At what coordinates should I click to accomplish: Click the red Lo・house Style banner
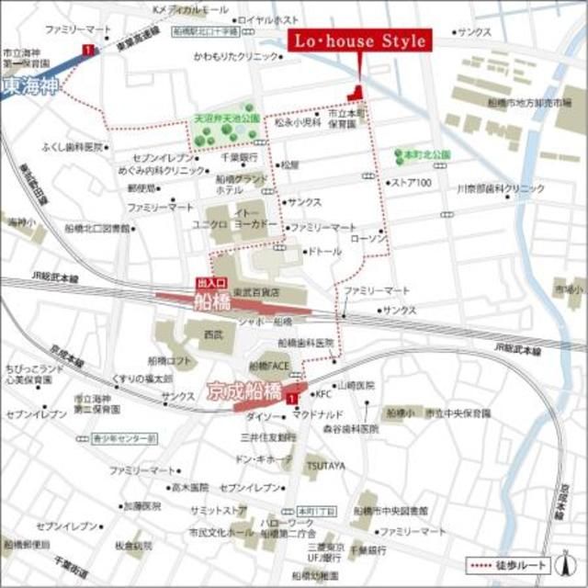[357, 41]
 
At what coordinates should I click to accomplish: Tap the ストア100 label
[412, 182]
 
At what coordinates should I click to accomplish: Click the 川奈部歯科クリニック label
[501, 187]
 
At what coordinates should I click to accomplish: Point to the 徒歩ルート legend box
[520, 564]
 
